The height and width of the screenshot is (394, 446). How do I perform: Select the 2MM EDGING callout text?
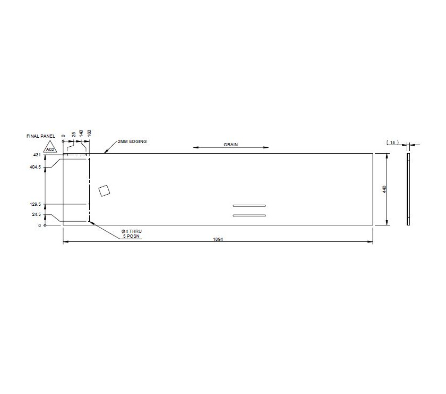[132, 141]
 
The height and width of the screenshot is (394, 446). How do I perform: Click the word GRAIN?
[230, 144]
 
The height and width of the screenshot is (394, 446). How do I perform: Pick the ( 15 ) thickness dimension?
[393, 142]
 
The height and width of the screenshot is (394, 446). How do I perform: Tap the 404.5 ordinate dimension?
[35, 167]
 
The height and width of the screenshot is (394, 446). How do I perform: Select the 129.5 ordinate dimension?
[35, 204]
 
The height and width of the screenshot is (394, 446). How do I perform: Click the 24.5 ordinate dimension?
[37, 215]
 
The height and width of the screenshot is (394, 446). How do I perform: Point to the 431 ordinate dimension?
[37, 155]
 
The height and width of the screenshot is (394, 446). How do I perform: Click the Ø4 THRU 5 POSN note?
[132, 233]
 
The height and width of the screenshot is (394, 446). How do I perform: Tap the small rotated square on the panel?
[105, 190]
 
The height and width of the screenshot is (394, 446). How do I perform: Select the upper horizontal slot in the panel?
[249, 206]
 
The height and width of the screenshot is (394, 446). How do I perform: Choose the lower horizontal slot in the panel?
[249, 215]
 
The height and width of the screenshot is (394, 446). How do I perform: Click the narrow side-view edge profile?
[408, 189]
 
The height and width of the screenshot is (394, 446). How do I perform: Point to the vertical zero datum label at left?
[39, 225]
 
